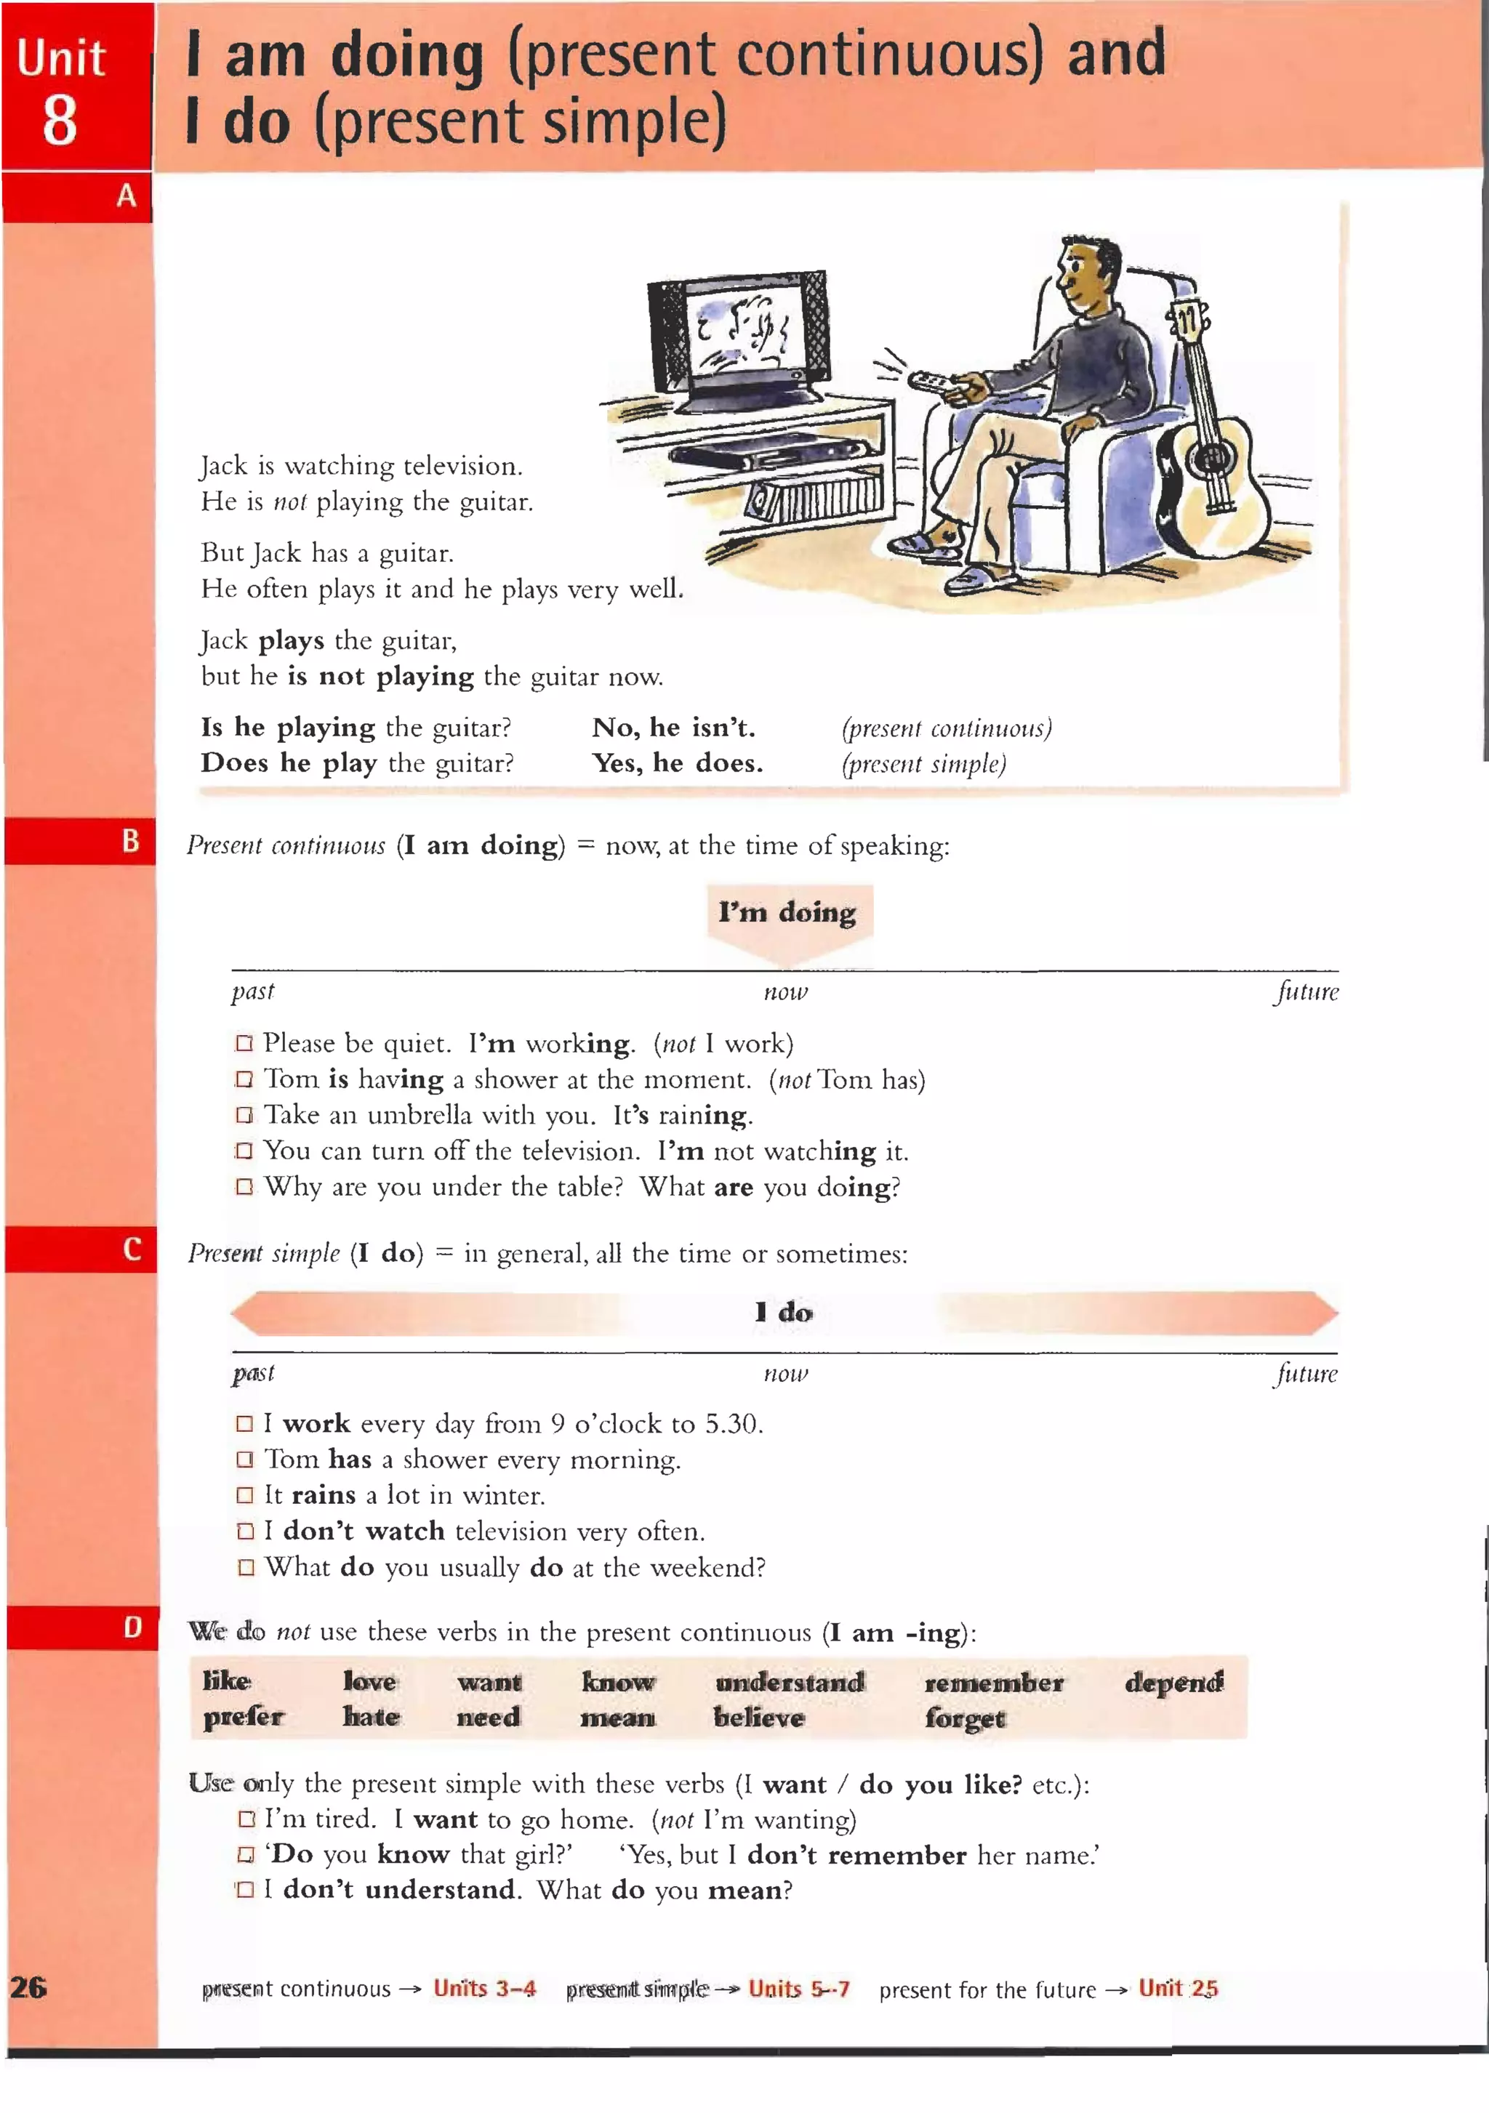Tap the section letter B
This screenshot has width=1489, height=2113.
coord(131,841)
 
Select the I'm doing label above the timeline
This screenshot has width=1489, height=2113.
coord(787,912)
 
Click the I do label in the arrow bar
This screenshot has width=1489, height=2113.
coord(783,1311)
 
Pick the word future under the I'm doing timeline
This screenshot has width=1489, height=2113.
coord(1306,992)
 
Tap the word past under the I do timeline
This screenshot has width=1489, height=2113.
coord(253,1373)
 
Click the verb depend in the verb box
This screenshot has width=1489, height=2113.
coord(1173,1682)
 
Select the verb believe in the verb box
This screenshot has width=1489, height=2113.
coord(758,1718)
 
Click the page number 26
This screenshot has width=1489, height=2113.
coord(28,1987)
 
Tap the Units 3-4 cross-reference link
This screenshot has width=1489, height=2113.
coord(484,1989)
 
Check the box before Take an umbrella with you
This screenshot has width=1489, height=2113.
coord(244,1116)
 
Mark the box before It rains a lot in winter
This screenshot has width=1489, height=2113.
coord(245,1495)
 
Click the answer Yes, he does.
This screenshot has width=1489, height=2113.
coord(678,763)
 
